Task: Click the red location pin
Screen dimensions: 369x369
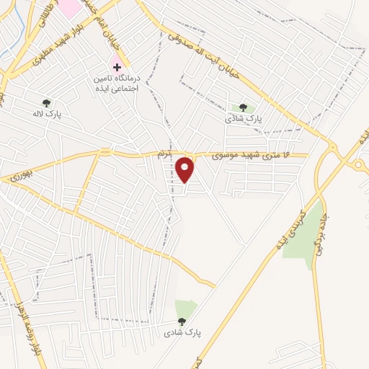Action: coord(186,169)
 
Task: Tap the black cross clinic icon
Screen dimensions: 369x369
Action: coord(117,66)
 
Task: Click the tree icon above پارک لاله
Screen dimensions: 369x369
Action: coord(47,103)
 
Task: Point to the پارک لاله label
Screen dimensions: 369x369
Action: coord(45,114)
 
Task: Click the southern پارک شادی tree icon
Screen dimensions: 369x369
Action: coord(181,322)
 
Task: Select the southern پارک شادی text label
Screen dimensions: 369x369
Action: coord(179,333)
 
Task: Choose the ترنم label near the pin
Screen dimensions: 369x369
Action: coord(166,155)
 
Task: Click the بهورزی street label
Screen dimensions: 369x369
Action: coord(22,174)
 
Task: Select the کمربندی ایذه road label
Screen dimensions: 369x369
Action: coord(285,226)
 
